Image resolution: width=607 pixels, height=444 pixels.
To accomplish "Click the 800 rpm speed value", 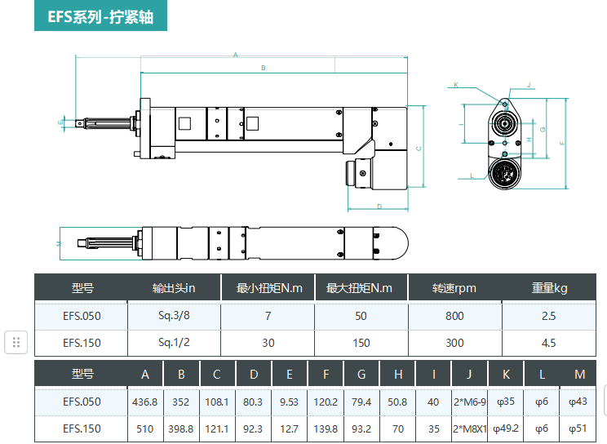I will [454, 316].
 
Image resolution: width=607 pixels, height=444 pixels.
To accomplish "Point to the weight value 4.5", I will [548, 343].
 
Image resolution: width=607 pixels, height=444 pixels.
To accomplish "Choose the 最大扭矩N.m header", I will [360, 288].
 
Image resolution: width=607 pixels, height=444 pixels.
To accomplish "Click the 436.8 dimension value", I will [144, 402].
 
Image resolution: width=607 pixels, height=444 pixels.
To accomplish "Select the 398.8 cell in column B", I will [181, 428].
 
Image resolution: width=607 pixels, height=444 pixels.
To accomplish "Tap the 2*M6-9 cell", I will [469, 402].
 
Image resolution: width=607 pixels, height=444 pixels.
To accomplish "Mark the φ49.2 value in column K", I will [506, 428].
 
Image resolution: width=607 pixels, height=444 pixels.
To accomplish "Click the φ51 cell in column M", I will [579, 428].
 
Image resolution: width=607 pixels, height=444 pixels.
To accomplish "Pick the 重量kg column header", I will [548, 288].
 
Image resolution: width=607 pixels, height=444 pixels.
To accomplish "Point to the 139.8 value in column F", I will [326, 428].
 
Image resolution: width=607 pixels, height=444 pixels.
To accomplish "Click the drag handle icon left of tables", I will [16, 342].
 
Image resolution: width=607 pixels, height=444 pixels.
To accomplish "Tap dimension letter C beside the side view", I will [419, 149].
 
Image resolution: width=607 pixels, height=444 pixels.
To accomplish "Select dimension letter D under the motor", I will [380, 206].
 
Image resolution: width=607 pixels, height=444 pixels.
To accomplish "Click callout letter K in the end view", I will [456, 84].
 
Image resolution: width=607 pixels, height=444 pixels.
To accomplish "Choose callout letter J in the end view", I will [529, 84].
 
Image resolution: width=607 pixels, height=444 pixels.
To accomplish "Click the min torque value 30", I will [268, 343].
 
